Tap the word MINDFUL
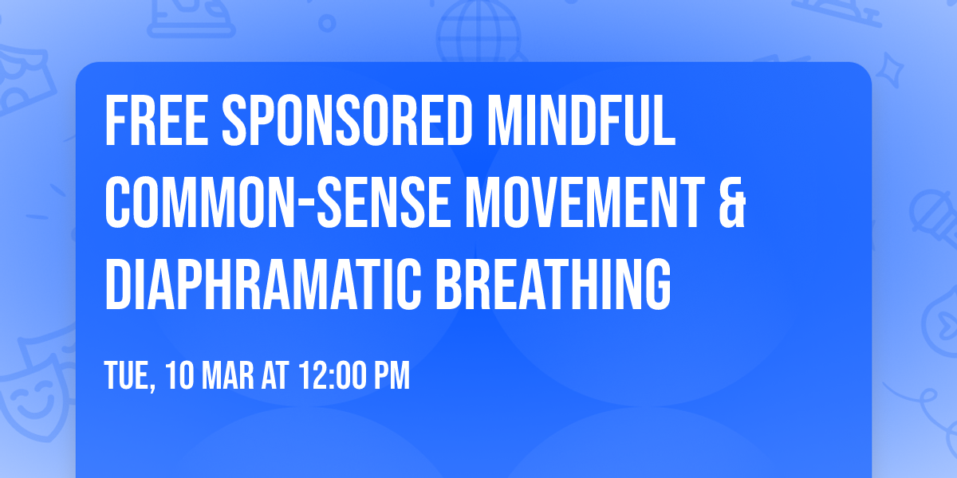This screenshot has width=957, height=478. coord(581,121)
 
